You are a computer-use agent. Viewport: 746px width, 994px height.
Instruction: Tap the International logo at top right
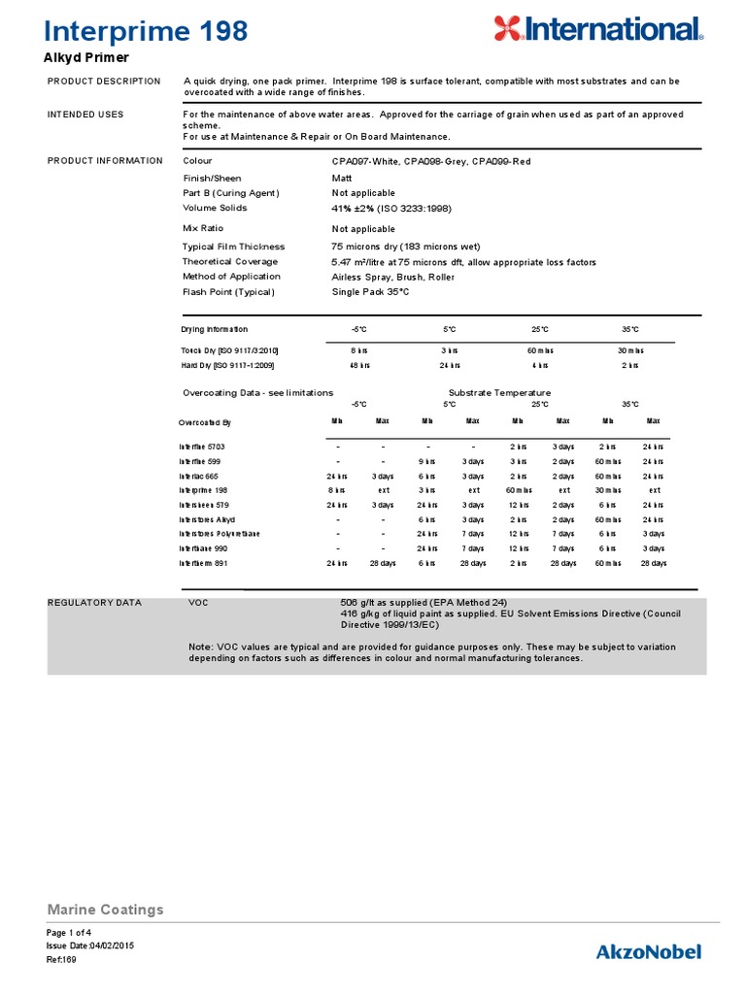(597, 29)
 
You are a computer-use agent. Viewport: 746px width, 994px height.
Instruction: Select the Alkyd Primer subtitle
(88, 58)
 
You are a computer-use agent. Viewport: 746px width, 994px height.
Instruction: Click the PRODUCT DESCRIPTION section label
(104, 81)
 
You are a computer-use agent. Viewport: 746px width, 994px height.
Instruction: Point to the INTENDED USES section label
(85, 115)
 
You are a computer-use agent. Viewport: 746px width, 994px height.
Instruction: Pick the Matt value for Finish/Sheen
(342, 179)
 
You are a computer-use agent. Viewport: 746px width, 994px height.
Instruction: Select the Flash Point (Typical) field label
(228, 292)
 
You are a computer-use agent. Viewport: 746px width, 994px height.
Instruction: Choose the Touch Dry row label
(229, 349)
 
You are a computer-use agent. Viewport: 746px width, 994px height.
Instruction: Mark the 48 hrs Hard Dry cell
(358, 365)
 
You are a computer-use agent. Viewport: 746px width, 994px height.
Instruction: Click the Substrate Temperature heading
(499, 392)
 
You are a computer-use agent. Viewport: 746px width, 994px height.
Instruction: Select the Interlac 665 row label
(200, 477)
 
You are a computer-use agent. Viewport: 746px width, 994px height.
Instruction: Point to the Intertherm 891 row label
(204, 563)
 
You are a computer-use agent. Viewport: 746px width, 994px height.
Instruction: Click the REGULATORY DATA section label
(94, 603)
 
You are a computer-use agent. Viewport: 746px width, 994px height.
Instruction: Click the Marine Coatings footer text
(105, 910)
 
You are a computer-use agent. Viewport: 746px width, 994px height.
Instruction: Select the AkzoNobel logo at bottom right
(648, 951)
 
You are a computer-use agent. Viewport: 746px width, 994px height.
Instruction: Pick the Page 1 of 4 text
(69, 932)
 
